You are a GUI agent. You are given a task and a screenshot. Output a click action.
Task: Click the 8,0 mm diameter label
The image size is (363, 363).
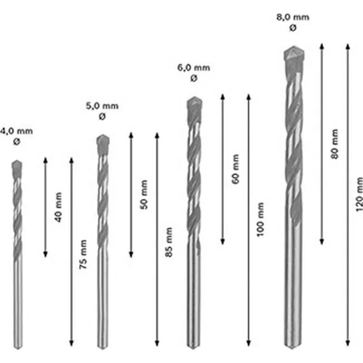coord(293,18)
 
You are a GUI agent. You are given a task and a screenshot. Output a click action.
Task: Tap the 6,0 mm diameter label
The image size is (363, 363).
coord(194,68)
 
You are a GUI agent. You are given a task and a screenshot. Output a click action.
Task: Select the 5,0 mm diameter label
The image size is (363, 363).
coord(102,106)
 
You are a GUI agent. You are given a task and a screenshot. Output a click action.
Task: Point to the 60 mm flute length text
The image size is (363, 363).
coord(235,169)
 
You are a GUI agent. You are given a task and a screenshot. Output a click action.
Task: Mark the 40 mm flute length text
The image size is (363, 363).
coord(58,207)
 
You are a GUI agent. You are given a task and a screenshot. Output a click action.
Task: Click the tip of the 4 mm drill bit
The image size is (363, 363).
coord(17,166)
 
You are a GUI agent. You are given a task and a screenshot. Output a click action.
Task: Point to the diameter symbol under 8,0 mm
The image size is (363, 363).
coord(293,28)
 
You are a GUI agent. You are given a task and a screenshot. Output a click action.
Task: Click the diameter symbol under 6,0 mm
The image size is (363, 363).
coord(194,78)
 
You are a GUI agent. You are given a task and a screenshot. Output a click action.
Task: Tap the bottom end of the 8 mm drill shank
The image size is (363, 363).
coord(293,346)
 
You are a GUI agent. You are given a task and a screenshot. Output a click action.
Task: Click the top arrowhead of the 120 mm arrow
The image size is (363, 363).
coord(348,45)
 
